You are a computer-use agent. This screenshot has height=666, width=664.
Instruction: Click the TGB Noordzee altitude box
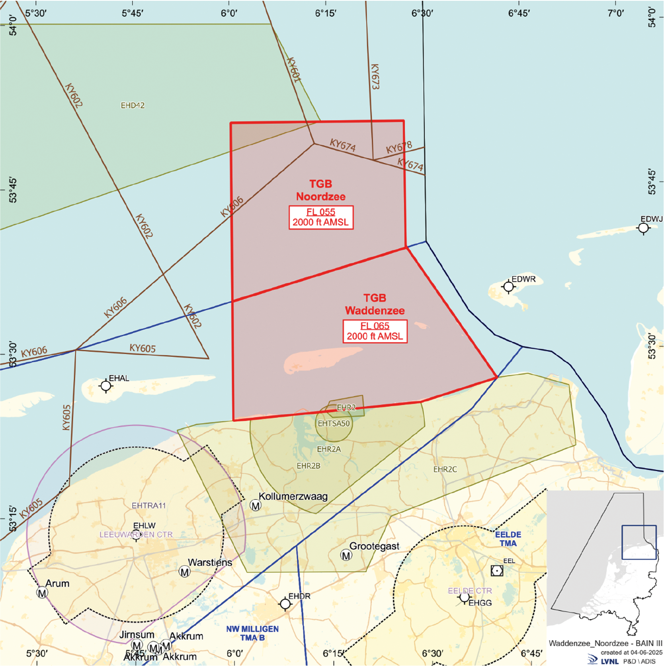click(x=321, y=217)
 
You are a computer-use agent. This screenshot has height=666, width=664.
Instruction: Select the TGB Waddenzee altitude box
click(x=375, y=331)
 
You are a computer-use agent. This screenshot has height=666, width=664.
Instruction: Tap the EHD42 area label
click(x=133, y=105)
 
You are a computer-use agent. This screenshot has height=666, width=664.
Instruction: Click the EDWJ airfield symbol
click(x=643, y=228)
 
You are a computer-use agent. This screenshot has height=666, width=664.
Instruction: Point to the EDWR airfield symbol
click(x=508, y=286)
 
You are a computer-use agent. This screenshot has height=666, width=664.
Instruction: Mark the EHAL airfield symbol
click(x=106, y=386)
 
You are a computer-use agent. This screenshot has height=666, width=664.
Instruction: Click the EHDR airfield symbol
click(x=285, y=604)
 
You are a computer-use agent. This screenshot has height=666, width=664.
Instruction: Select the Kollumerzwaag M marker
click(x=256, y=506)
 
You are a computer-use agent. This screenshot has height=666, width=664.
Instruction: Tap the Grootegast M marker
click(x=346, y=555)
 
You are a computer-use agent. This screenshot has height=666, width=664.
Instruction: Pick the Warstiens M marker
click(x=184, y=572)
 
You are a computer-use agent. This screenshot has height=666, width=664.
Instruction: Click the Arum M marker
click(x=42, y=593)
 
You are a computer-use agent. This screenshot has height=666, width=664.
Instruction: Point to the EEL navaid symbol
click(x=497, y=571)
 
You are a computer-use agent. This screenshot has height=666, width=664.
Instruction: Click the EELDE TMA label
click(x=508, y=539)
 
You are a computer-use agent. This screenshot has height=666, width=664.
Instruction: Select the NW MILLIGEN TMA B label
click(x=252, y=633)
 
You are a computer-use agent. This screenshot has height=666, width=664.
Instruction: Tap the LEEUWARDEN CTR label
click(x=136, y=534)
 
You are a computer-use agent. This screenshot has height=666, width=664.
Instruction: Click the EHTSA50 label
click(x=334, y=424)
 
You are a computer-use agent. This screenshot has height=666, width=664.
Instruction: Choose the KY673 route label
click(x=375, y=76)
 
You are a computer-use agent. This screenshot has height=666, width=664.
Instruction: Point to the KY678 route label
click(x=399, y=148)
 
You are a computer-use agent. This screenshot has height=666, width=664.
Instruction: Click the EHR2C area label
click(x=445, y=469)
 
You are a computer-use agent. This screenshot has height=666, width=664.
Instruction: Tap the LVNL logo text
click(x=609, y=661)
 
